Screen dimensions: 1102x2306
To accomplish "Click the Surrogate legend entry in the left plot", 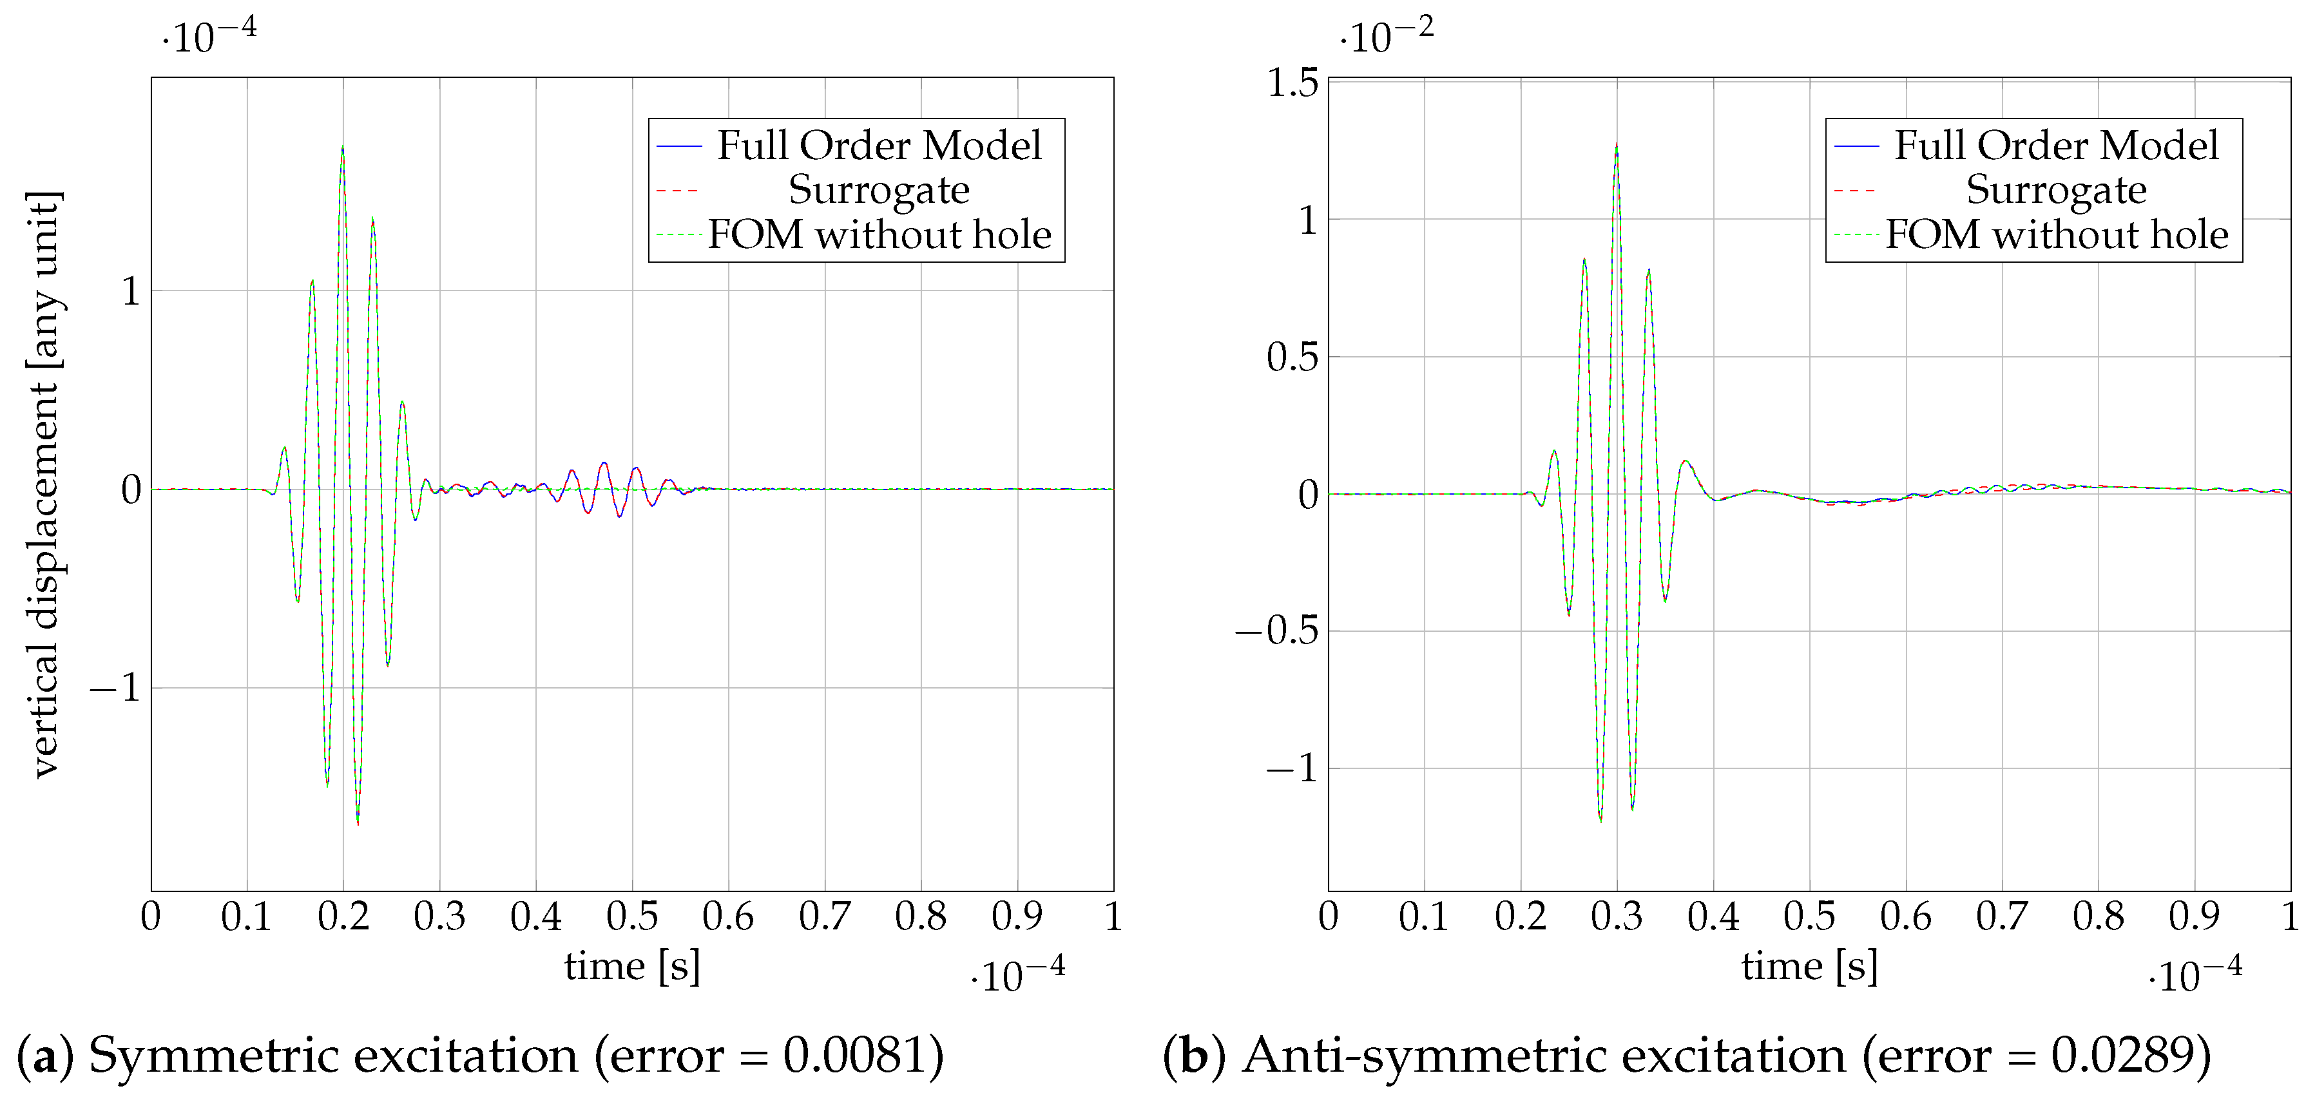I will tap(878, 190).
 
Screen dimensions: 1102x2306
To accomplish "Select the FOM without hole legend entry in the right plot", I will tap(2056, 234).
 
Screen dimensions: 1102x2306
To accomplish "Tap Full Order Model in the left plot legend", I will tap(879, 145).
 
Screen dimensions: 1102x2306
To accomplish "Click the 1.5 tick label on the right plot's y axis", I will tap(1292, 82).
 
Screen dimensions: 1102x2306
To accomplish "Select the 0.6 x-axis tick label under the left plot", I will tap(728, 916).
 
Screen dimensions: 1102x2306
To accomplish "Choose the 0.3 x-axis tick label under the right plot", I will tap(1616, 916).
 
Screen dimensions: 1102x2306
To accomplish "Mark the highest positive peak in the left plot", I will tap(342, 147).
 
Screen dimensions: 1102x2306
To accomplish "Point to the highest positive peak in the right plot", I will tap(1616, 144).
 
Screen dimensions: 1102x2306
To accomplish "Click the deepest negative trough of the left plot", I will tap(358, 822).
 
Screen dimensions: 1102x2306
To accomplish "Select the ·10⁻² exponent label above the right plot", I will tap(1386, 36).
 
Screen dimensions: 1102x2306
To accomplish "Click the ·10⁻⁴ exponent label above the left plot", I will tap(209, 36).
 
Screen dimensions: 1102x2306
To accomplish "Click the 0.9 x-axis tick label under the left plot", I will tap(1017, 916).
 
